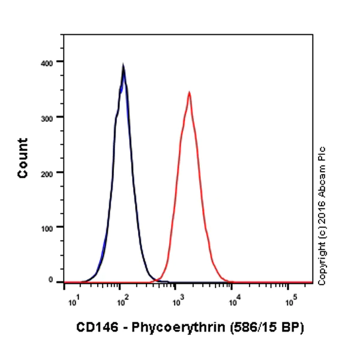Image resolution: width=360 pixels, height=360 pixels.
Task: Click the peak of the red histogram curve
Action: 190,92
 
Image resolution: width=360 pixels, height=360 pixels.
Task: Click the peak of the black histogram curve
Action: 123,66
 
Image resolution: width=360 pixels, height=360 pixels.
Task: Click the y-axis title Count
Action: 23,158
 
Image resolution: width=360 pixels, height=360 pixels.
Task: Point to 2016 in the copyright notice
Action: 322,209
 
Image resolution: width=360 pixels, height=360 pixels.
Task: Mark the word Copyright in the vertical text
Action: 322,260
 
